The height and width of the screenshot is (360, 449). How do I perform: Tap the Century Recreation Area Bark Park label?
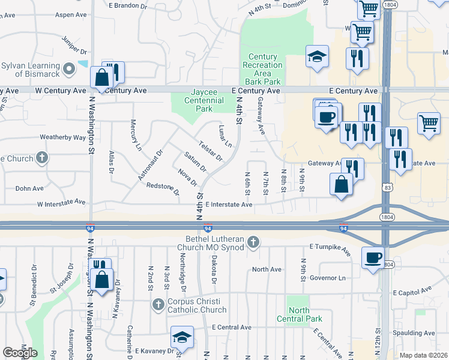262,69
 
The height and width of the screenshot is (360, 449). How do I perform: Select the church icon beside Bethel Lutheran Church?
253,242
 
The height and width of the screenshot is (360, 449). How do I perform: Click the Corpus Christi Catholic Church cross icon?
158,304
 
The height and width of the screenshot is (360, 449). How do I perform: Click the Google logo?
20,352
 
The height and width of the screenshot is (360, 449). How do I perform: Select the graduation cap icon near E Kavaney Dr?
182,338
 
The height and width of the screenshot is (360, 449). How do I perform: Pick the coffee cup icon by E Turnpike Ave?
373,257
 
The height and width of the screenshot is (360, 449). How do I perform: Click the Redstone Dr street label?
163,189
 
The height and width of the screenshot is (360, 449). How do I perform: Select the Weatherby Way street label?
63,137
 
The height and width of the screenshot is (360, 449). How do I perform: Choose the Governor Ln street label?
328,278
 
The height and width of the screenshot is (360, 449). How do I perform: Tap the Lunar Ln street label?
224,136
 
